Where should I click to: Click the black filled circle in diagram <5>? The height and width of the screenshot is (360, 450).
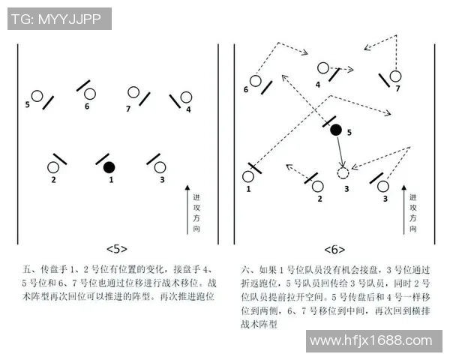[x=109, y=166]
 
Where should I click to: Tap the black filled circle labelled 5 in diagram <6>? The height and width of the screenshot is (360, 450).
[x=336, y=130]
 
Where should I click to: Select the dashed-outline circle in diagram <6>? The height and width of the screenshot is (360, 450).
[x=343, y=174]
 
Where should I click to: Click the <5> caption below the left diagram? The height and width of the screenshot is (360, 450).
[x=117, y=248]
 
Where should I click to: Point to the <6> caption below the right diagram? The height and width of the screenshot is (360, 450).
[x=334, y=249]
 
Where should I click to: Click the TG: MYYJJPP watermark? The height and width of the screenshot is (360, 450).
[x=59, y=19]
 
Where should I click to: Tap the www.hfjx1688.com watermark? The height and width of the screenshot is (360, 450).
[x=370, y=341]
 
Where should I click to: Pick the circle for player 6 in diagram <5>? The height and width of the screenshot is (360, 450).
[x=90, y=94]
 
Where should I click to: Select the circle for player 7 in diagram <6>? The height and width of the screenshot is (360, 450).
[x=396, y=74]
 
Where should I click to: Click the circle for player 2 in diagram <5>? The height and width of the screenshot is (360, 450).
[x=54, y=167]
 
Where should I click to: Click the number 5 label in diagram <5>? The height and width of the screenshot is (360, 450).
[x=28, y=104]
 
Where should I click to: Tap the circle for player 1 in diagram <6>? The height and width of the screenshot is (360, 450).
[x=248, y=177]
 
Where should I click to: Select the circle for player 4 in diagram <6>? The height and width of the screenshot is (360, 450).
[x=323, y=68]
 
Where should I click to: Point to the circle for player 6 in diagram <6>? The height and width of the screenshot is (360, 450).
[x=256, y=79]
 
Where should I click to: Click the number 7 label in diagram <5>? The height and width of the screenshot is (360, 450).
[x=128, y=108]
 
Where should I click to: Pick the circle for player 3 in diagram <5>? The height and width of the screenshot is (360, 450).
[x=162, y=166]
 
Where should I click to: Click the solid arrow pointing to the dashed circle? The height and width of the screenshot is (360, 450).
[x=340, y=153]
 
